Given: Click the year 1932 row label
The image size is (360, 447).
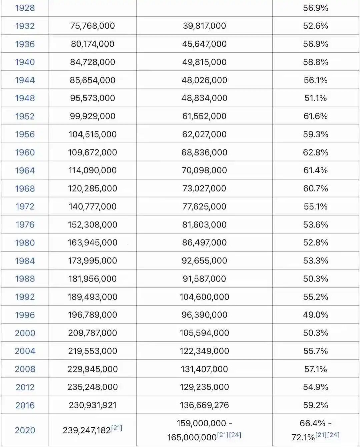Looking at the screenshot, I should (25, 26).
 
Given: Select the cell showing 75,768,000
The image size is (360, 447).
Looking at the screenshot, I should (92, 26).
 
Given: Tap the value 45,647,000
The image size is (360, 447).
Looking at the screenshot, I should (204, 44).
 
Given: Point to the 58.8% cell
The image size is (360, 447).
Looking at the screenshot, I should (315, 62).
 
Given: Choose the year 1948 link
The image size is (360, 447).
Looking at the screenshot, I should (25, 98).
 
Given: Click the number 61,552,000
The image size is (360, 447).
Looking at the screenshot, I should (204, 116).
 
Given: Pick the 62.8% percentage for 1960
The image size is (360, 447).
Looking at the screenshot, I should (315, 152).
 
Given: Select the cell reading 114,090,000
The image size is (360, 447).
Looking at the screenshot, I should (92, 170).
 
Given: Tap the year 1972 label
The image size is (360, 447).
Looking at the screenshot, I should (25, 207).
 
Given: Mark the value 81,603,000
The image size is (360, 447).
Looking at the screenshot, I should (204, 224).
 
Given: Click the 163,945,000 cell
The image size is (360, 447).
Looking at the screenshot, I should (92, 242).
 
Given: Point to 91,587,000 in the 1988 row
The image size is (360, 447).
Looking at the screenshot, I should (204, 279).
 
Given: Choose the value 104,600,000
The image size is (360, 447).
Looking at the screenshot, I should (204, 297).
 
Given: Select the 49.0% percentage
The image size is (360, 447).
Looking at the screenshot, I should (315, 315).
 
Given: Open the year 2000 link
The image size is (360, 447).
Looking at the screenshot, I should (25, 333).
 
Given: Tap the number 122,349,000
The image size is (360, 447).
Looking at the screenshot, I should (204, 351).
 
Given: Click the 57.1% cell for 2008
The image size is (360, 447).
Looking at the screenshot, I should (315, 369).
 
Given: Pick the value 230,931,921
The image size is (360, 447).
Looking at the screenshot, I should (92, 405).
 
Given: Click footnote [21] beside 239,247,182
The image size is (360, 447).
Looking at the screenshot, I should (117, 428).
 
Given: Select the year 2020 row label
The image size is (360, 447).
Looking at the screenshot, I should (25, 430).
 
